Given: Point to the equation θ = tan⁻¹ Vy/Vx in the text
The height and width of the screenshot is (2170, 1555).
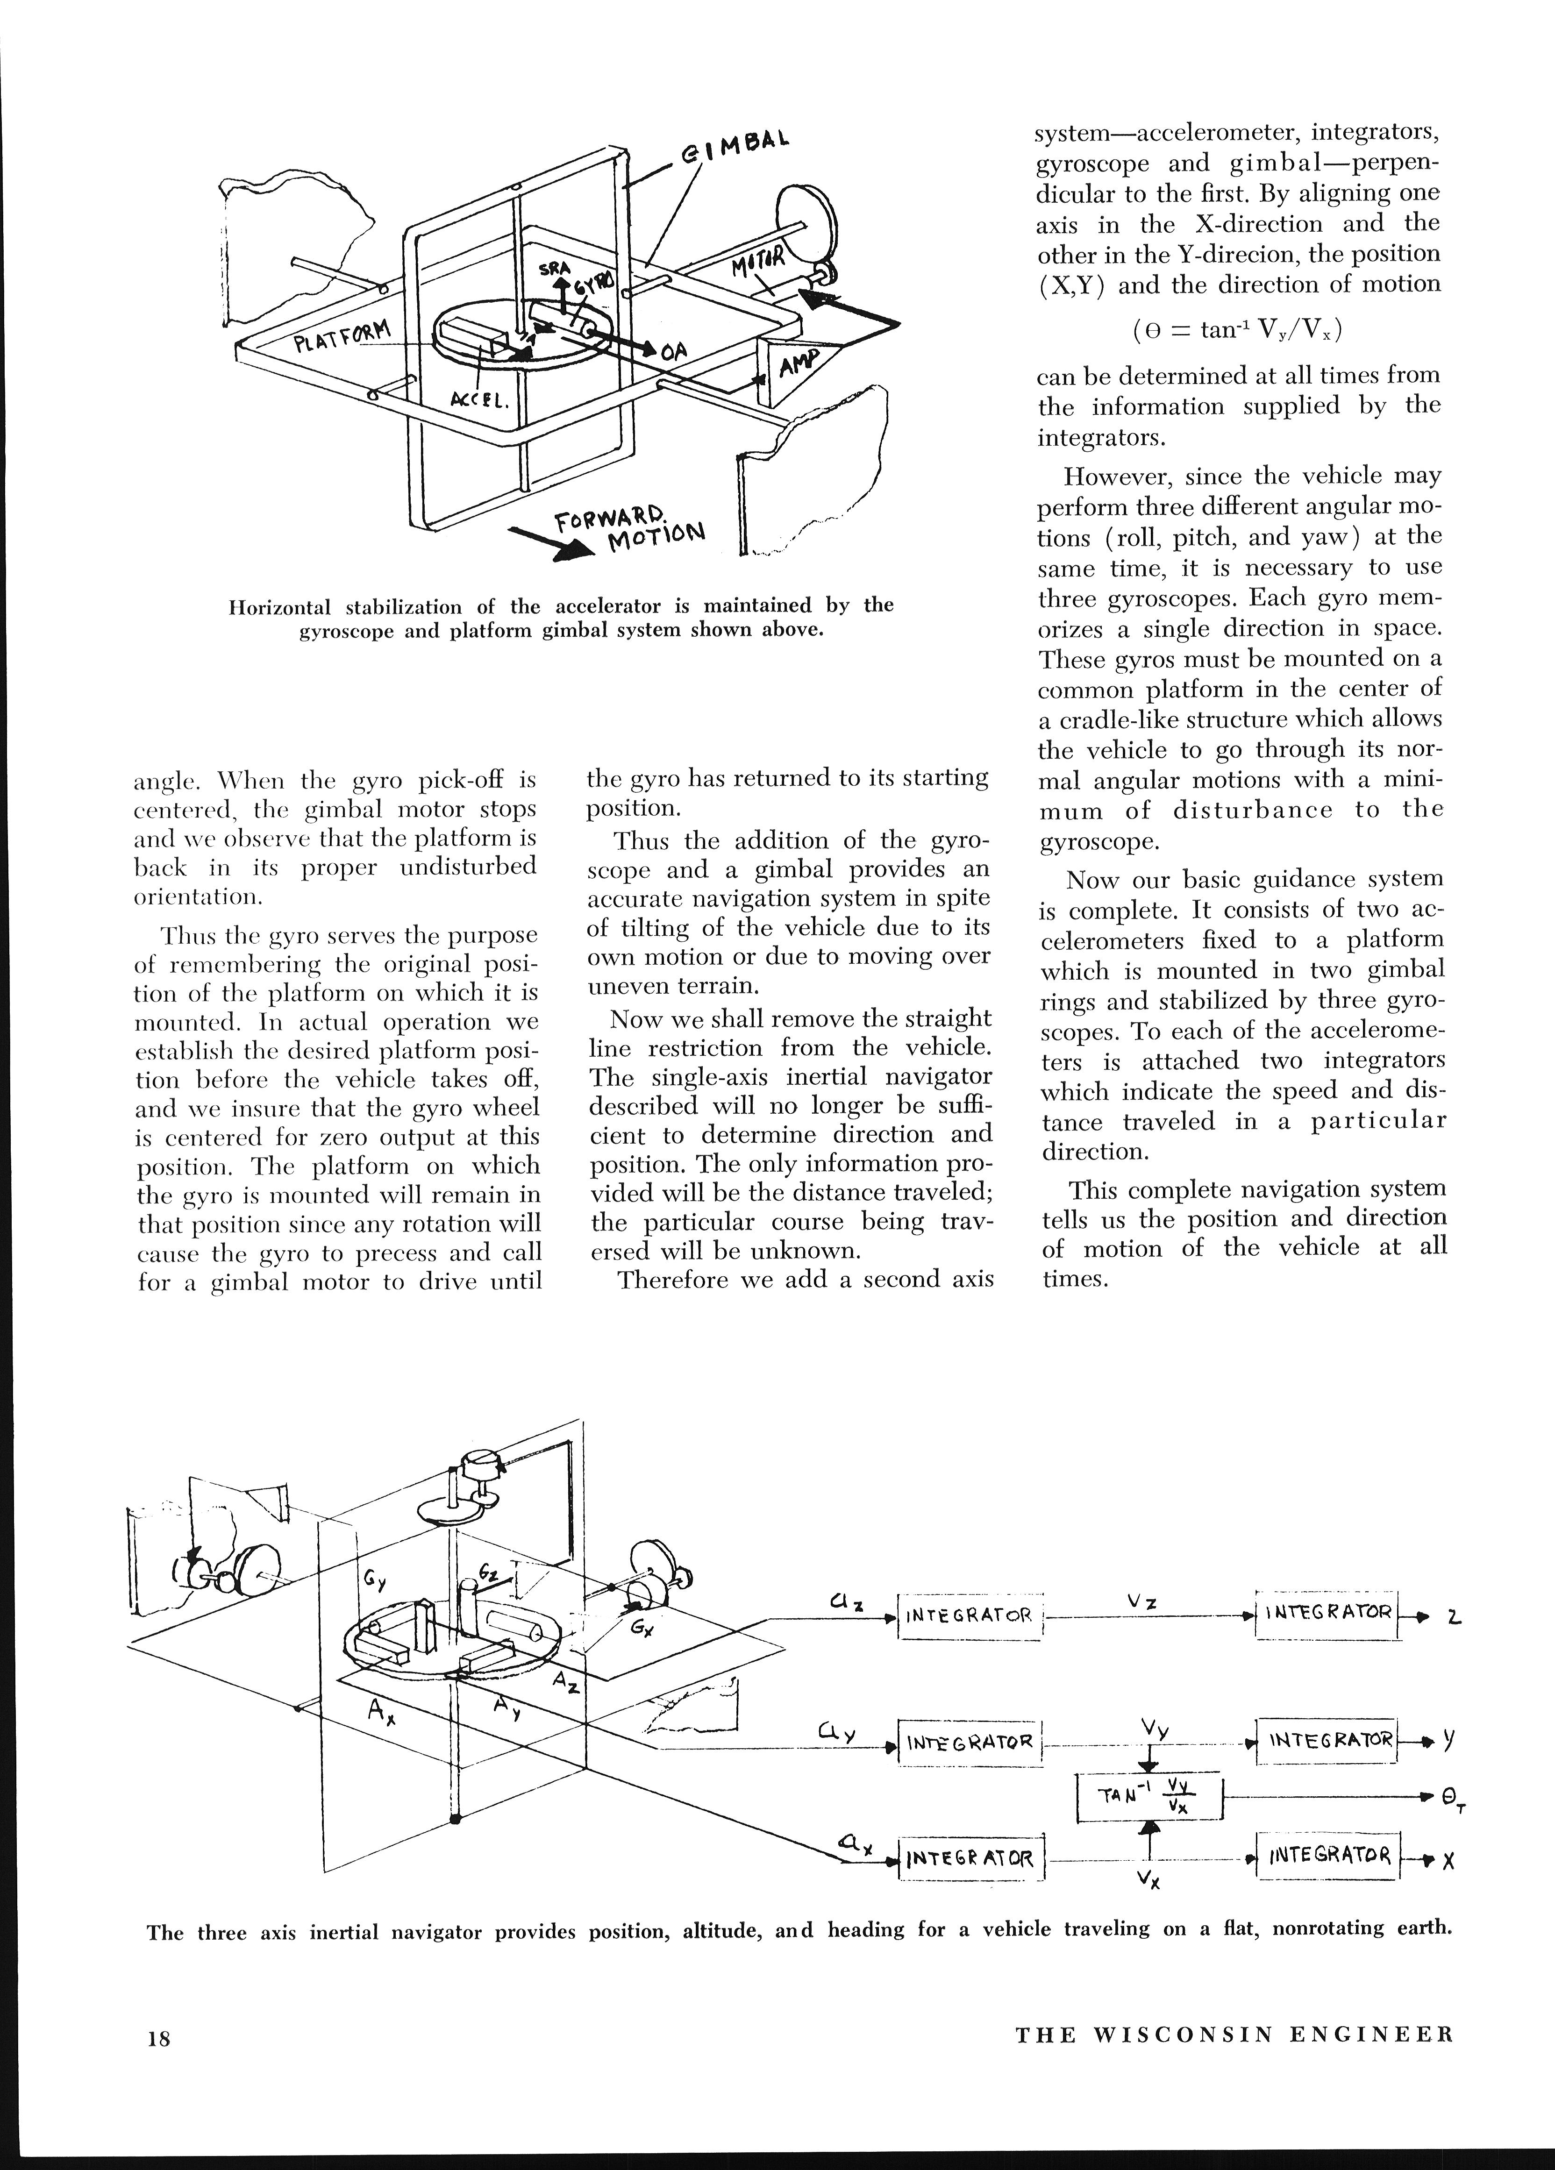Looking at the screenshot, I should click(x=1237, y=330).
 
